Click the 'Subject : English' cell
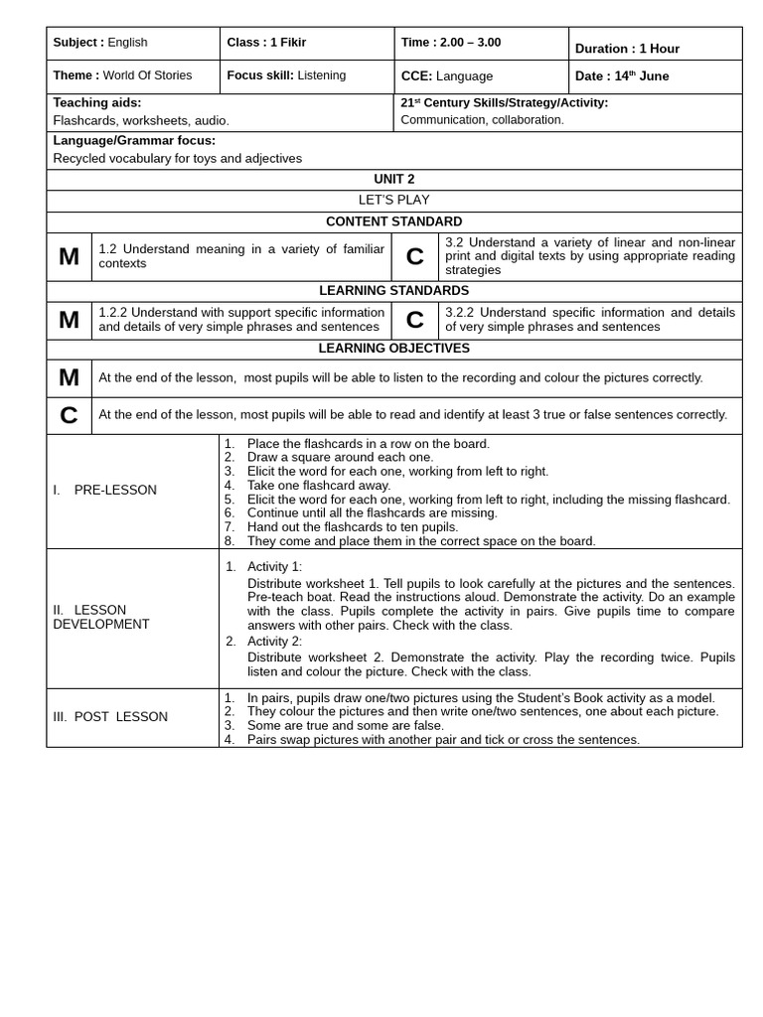[x=100, y=43]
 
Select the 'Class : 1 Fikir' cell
[x=266, y=43]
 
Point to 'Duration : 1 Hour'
[x=627, y=49]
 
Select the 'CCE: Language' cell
[x=446, y=76]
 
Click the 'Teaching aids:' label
[x=97, y=102]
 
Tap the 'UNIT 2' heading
[x=393, y=180]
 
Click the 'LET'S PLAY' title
[x=393, y=201]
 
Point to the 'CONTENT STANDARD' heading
[x=393, y=222]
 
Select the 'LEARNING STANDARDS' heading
[x=393, y=291]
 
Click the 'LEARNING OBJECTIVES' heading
[x=393, y=349]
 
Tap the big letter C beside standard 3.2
[x=414, y=257]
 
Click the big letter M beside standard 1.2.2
[x=69, y=320]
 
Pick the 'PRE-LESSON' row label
[x=114, y=491]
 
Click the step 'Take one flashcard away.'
[x=318, y=486]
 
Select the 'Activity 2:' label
[x=274, y=642]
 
